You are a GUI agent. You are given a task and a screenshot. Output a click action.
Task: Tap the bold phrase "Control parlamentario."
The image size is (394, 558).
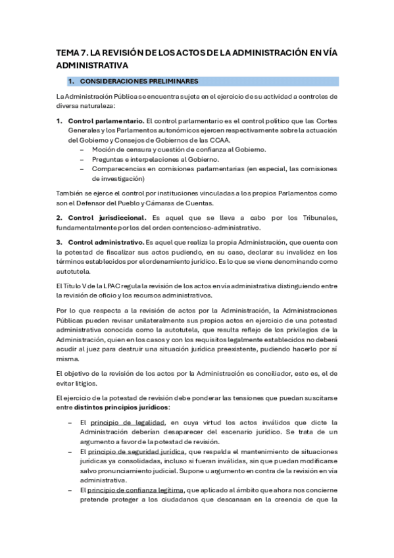[x=105, y=121]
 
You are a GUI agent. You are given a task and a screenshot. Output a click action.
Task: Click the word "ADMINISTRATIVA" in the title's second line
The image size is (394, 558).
[x=92, y=66]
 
